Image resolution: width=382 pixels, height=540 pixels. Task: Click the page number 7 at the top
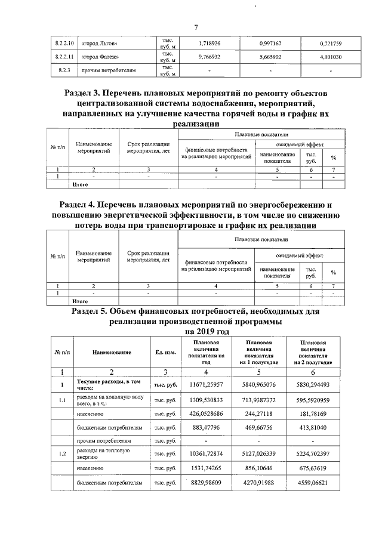point(195,27)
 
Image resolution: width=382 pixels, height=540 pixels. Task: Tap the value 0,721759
point(329,44)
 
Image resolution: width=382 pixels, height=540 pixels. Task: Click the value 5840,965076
point(260,384)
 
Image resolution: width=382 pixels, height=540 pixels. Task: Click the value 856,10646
point(260,469)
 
